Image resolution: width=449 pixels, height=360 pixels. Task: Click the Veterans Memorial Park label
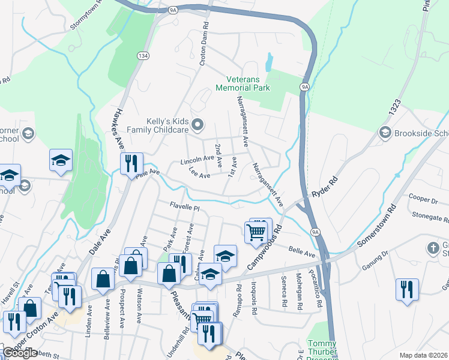(x=248, y=83)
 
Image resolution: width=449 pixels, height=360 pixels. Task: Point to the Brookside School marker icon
(x=385, y=132)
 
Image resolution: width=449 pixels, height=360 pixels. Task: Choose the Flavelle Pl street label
(x=183, y=206)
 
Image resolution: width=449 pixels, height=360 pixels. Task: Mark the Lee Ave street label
(x=199, y=175)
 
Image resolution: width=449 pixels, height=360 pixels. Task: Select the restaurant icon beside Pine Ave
(x=131, y=163)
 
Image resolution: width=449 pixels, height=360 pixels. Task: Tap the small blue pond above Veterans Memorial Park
(x=268, y=61)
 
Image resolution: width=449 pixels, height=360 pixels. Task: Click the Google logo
(x=20, y=353)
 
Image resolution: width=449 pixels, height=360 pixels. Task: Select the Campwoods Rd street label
(x=265, y=247)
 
